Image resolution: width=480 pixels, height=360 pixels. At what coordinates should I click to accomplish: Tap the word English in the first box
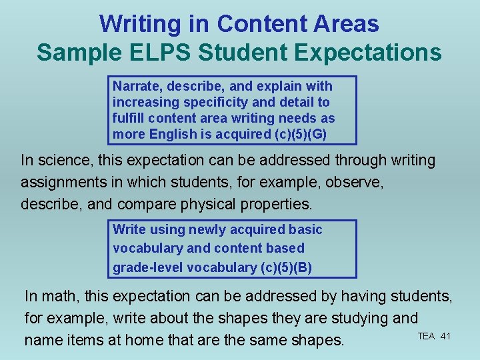(x=175, y=134)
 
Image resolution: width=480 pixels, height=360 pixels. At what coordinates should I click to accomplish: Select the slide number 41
(x=445, y=336)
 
